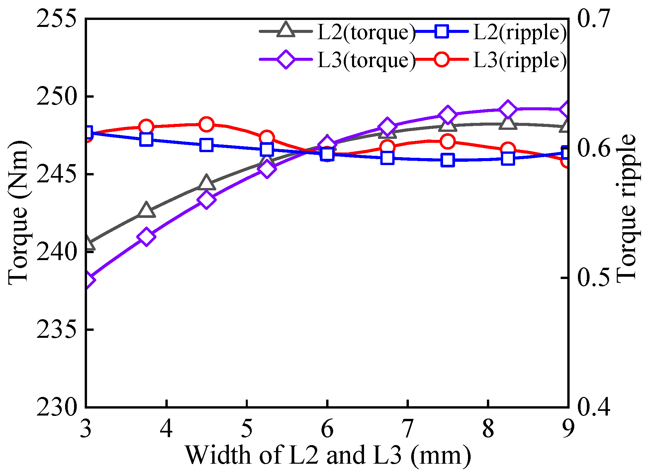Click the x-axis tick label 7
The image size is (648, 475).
[407, 428]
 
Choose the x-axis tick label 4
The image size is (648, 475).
[166, 428]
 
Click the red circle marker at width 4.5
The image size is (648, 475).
[206, 124]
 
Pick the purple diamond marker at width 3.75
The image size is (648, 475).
[146, 237]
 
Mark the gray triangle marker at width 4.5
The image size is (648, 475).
[206, 182]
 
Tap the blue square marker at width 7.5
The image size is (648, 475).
[447, 160]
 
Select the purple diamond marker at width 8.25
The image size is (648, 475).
[508, 109]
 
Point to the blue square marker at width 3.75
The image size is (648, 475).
[146, 140]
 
